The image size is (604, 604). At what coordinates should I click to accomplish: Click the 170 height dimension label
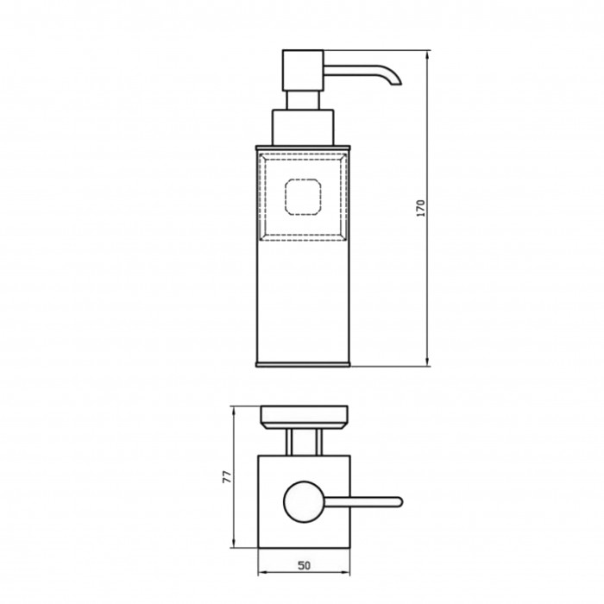click(x=421, y=208)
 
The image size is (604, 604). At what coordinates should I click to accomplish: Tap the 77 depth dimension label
click(x=227, y=477)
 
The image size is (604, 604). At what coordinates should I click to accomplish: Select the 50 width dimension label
click(x=304, y=565)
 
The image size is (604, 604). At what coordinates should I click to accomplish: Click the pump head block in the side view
click(x=303, y=71)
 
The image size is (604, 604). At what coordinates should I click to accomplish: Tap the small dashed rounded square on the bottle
click(x=303, y=197)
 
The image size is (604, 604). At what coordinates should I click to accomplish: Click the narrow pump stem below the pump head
click(x=303, y=101)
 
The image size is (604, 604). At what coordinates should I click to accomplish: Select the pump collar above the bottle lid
click(x=303, y=128)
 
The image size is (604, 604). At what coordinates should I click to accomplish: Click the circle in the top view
click(x=304, y=502)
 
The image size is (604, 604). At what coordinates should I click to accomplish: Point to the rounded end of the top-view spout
click(x=400, y=501)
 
